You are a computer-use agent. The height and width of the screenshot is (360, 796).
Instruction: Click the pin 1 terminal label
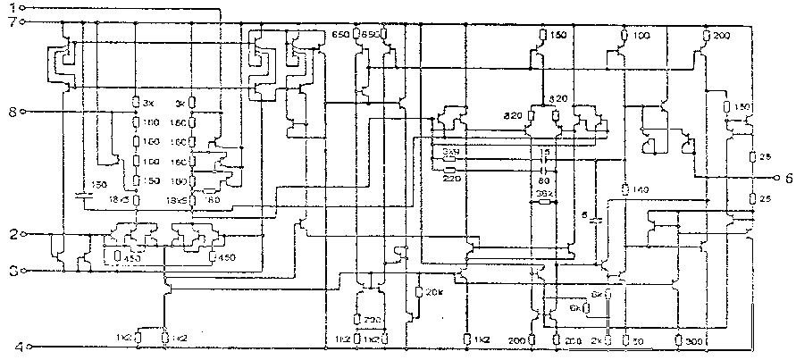click(x=12, y=7)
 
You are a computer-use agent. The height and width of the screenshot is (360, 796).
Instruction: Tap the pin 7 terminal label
click(x=12, y=21)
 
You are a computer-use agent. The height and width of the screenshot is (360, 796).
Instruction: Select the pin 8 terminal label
click(x=12, y=113)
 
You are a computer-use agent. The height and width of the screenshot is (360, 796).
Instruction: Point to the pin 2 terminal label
click(x=12, y=235)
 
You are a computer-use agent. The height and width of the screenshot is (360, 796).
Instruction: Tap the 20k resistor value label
click(x=435, y=292)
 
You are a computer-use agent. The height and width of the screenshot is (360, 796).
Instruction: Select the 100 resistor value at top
click(x=641, y=35)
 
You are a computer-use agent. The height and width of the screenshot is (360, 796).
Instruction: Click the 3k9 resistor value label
click(x=450, y=154)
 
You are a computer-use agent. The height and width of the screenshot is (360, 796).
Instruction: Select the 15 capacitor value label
click(x=543, y=153)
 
